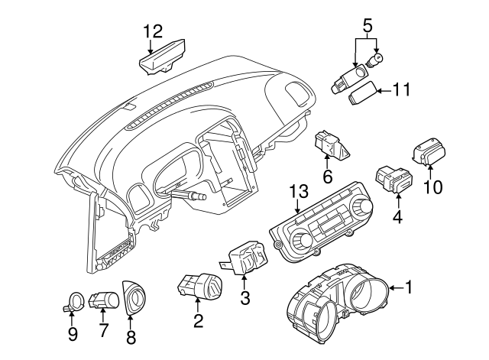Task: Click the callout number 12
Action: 153,31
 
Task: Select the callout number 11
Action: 401,89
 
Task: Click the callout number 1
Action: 409,287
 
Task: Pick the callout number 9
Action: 73,333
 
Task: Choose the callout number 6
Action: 327,177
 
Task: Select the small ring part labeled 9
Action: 73,303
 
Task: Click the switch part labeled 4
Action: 394,180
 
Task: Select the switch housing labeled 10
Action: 432,151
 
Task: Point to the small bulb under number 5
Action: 378,59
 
